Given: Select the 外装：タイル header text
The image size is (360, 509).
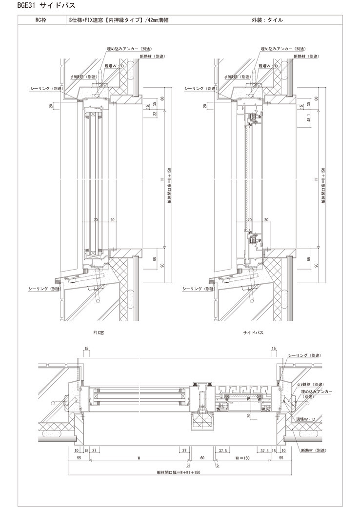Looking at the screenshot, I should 266,20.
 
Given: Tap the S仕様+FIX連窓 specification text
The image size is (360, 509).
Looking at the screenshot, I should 120,20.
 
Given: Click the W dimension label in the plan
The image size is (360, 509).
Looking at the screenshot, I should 139,458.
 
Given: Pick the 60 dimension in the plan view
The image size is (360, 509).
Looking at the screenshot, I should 202,458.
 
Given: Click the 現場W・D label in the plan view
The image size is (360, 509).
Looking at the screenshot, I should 305,418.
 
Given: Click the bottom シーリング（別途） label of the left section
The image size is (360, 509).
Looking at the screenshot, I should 46,289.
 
